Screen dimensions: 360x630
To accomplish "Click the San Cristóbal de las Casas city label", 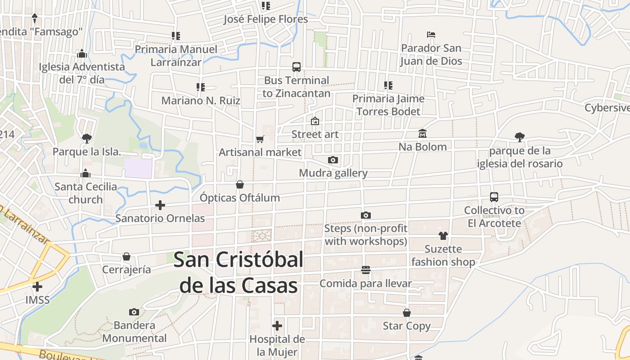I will (238, 273).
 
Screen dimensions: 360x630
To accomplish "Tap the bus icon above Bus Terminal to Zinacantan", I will (297, 67).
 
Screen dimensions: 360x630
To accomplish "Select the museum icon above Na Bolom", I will (423, 134).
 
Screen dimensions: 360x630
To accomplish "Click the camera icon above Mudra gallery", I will (333, 160).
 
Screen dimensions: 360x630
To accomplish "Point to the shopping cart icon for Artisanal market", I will (260, 139).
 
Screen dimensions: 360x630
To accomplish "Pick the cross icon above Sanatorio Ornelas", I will (160, 205).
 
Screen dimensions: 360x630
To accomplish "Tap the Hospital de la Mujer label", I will (277, 345).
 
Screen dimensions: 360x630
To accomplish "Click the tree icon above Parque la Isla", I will (87, 138).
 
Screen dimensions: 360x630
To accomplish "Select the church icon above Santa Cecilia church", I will (85, 173).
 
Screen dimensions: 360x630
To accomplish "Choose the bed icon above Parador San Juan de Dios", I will (431, 35).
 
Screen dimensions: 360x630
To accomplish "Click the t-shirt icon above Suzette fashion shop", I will (443, 235).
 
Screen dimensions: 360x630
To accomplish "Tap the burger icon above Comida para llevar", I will (366, 270).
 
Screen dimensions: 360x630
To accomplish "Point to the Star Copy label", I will (406, 326).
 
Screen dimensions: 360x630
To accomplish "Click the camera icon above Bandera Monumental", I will (134, 312).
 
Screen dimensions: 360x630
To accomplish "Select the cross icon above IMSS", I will (37, 286).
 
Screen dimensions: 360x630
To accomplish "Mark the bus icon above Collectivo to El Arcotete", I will (494, 197).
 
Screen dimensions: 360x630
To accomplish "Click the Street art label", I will (315, 134).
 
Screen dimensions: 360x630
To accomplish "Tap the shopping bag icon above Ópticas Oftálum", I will (240, 184).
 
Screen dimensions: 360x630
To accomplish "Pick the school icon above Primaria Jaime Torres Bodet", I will (388, 85).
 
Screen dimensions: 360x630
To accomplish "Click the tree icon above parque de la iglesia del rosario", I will (520, 137).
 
